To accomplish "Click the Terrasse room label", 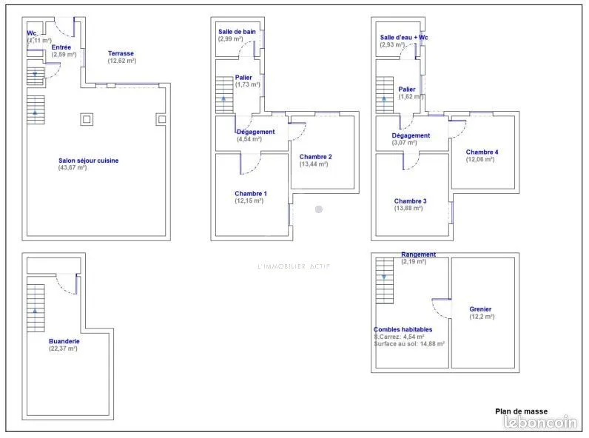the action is point(121,53).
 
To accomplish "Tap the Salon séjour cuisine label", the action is point(89,161).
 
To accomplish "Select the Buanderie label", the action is point(64,341).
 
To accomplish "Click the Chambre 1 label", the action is point(251,193).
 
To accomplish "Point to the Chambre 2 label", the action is point(315,157).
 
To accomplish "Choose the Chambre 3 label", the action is point(410,201).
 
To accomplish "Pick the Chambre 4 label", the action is point(482,152).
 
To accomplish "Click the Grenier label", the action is point(480,309).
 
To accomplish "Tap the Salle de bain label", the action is point(237,32).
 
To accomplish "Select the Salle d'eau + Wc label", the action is point(404,37).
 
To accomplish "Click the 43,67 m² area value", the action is point(73,167).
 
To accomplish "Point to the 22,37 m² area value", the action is point(63,348).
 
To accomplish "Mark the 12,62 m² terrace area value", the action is point(122,61).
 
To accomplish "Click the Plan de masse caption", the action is point(522,411).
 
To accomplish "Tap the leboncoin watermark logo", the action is point(540,422).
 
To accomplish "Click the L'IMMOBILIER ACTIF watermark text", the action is point(294,266).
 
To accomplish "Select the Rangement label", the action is point(419,255).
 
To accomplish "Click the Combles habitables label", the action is point(403,329).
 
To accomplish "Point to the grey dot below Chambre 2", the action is point(318,209).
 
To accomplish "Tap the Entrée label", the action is point(61,47).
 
